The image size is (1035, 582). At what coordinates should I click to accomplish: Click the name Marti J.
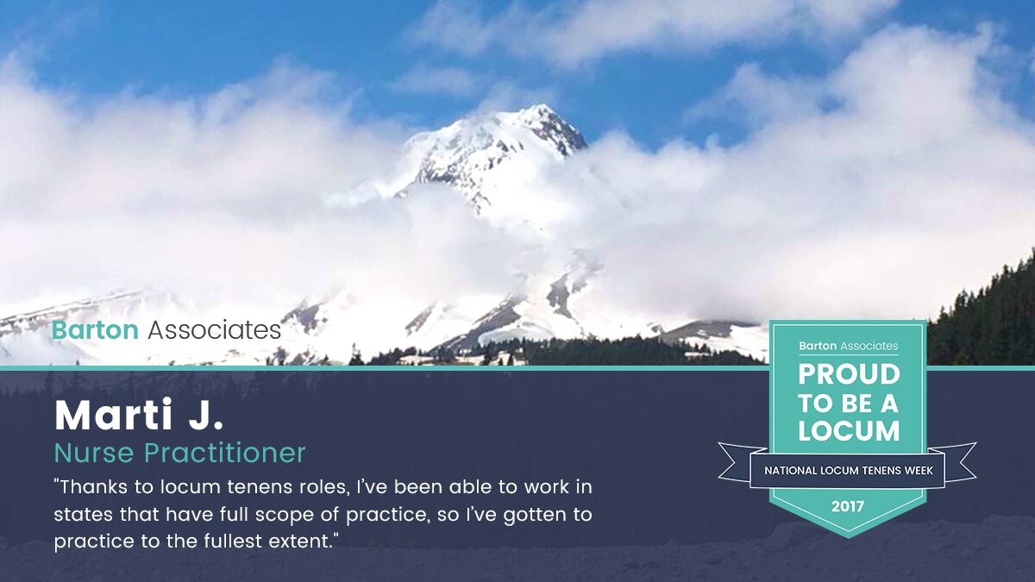click(x=139, y=415)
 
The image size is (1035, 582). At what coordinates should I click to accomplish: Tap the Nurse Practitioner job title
click(x=179, y=453)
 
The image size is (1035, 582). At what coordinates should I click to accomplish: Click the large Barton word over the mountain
click(x=95, y=330)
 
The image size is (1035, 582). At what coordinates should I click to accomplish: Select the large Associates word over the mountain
click(x=215, y=330)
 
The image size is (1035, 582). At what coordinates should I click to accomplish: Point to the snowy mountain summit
click(x=541, y=108)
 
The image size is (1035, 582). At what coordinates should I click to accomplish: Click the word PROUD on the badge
click(x=850, y=374)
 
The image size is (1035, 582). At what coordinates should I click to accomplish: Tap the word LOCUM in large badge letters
click(x=849, y=431)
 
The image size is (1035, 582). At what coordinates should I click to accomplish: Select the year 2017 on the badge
click(x=848, y=507)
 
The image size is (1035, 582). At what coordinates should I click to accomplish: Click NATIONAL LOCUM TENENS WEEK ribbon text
click(x=849, y=471)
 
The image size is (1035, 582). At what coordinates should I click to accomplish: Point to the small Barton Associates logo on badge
click(x=849, y=346)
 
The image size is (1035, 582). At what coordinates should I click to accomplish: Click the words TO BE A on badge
click(x=849, y=404)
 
